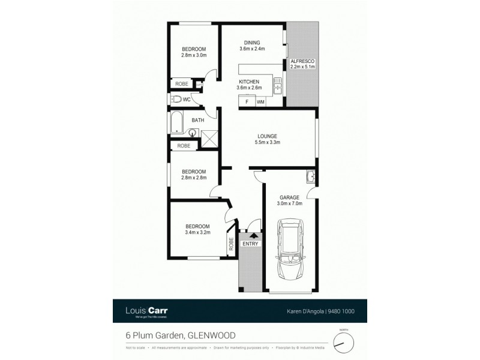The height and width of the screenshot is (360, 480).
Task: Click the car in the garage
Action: point(289,251)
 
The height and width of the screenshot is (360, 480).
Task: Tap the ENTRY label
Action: point(250,244)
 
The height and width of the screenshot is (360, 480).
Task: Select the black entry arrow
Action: point(250,236)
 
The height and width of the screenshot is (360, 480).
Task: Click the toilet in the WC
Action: point(177,100)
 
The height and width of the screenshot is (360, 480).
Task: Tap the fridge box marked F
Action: point(246,102)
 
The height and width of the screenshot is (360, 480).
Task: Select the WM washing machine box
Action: point(260,102)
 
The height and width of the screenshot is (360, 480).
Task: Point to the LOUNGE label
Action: point(268,136)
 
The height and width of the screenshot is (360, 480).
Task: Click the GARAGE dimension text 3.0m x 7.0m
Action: point(290,203)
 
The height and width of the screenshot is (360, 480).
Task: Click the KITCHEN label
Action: point(249,81)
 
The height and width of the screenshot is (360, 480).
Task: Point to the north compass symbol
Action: point(341,340)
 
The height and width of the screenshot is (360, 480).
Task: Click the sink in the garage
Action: point(310,176)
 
